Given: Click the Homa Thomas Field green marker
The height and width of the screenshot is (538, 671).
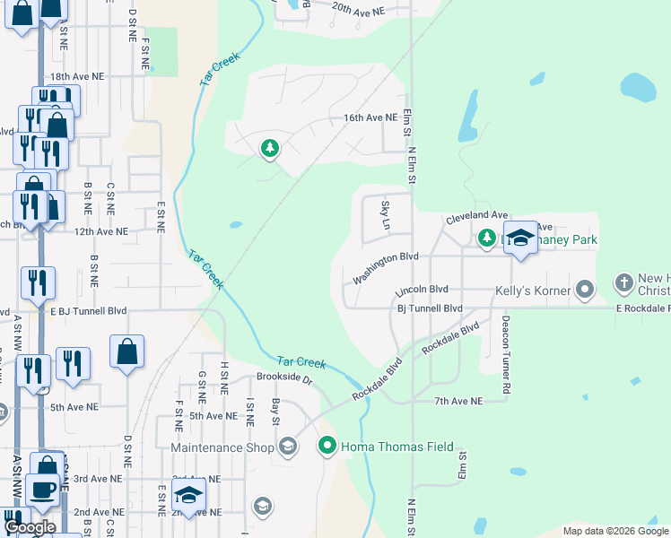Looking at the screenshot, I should coord(327,445).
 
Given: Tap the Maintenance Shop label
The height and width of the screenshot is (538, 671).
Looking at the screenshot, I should coord(222,447).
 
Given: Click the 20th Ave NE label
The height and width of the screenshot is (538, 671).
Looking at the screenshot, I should coord(357,9).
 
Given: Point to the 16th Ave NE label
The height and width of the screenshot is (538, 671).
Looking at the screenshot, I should coord(370,117).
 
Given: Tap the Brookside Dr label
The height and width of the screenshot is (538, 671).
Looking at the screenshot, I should coord(283,378).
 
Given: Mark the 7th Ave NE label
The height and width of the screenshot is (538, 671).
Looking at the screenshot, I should coord(457,401).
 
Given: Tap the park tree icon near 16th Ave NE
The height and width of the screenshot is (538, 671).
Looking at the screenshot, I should coord(268,149).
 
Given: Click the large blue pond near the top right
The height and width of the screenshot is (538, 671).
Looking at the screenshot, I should coord(638,87).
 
